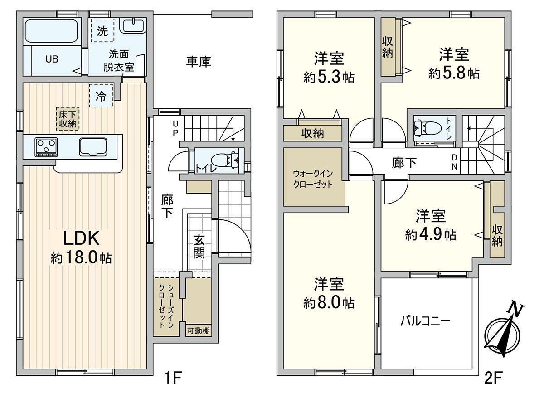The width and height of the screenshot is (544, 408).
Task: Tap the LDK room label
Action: click(81, 238)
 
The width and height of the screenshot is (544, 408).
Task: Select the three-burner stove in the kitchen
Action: click(46, 146)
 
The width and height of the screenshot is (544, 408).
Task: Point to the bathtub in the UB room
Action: click(51, 31)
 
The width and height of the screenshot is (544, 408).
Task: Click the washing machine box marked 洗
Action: click(103, 31)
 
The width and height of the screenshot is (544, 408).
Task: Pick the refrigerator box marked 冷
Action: click(101, 96)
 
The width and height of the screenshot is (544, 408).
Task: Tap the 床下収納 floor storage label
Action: click(68, 118)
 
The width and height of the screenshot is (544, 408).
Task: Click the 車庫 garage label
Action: click(199, 62)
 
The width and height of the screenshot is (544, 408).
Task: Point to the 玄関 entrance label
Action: click(199, 246)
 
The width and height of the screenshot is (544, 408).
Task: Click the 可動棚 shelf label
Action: click(199, 331)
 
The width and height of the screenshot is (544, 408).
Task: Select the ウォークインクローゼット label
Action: click(313, 179)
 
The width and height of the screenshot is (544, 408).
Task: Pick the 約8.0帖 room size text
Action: click(329, 303)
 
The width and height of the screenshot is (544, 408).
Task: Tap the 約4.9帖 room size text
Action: click(431, 234)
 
